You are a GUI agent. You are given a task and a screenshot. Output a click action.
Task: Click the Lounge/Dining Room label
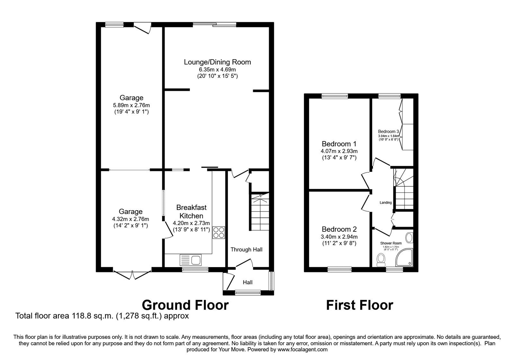pyautogui.click(x=217, y=62)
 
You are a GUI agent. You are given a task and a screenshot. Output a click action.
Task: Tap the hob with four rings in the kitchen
pyautogui.click(x=219, y=232)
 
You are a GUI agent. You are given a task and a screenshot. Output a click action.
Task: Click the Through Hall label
pyautogui.click(x=246, y=249)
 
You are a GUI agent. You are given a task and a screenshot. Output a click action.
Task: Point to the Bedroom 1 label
pyautogui.click(x=339, y=144)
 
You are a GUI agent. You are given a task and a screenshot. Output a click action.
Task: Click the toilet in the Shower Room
pyautogui.click(x=381, y=259)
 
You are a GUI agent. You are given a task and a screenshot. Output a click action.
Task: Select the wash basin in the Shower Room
pyautogui.click(x=409, y=238)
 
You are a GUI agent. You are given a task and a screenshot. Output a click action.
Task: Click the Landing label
pyautogui.click(x=385, y=203)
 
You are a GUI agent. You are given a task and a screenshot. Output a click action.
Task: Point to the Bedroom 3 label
pyautogui.click(x=388, y=131)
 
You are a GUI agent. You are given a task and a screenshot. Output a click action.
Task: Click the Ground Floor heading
pyautogui.click(x=185, y=305)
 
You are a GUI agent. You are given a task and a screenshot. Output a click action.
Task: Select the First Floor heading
pyautogui.click(x=359, y=305)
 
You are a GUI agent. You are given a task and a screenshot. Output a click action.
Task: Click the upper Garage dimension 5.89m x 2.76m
pyautogui.click(x=131, y=105)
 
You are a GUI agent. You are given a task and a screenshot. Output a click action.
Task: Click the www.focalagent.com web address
pyautogui.click(x=302, y=349)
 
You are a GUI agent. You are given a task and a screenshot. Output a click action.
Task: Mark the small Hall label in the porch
pyautogui.click(x=247, y=282)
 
